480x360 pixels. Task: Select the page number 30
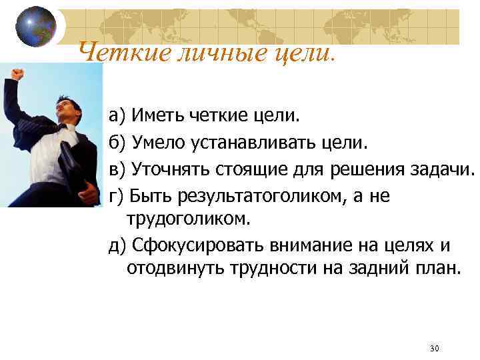pos(435,349)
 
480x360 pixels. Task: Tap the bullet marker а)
pos(117,117)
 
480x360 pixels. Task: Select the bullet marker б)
pos(117,143)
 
